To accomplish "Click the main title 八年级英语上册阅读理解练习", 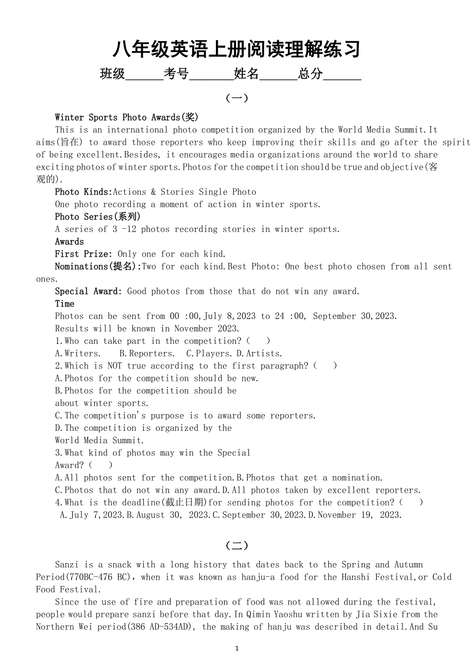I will (x=236, y=49).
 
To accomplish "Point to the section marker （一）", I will (x=237, y=98).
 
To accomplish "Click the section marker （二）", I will (x=237, y=545).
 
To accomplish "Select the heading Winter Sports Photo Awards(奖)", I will (x=127, y=118).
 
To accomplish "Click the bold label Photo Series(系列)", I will (x=98, y=216).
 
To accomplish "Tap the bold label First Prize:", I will (x=84, y=254).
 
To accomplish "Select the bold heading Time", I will (x=65, y=304).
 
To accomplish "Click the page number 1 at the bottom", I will (x=237, y=648).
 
